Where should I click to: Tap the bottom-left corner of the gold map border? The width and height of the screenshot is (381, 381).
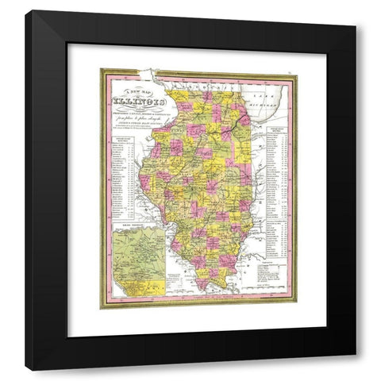(102, 307)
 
